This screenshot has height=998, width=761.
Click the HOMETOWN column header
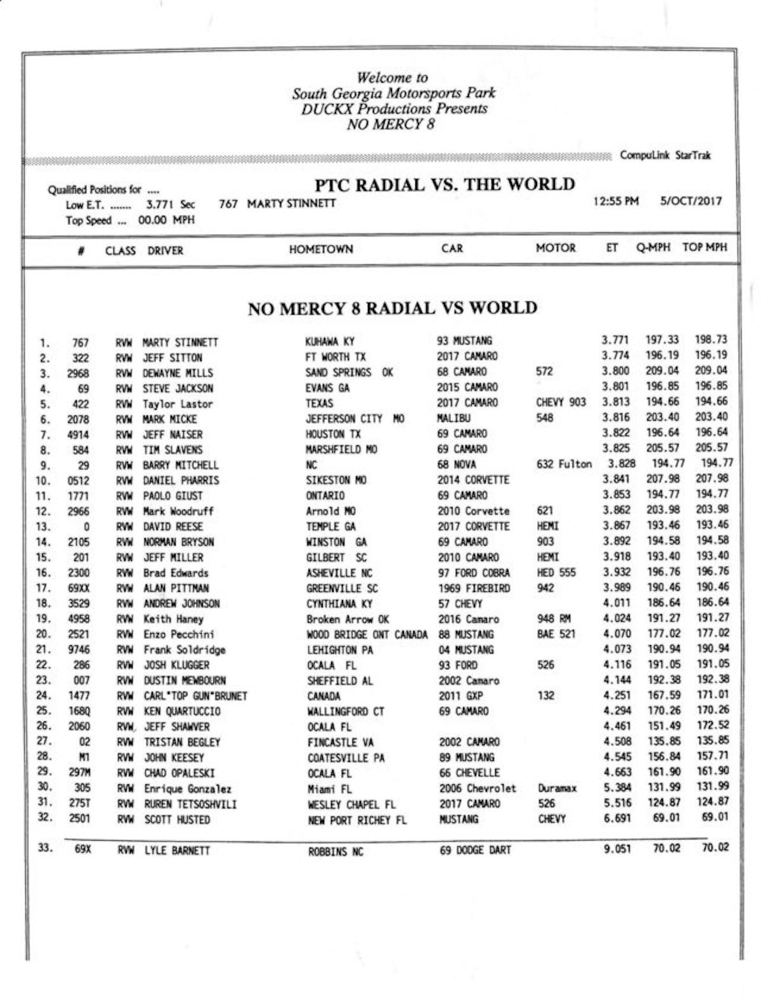click(x=321, y=249)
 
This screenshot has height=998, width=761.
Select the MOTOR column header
click(x=556, y=248)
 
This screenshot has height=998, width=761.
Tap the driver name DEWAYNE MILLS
click(x=178, y=373)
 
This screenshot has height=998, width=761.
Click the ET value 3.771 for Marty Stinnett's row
click(x=615, y=341)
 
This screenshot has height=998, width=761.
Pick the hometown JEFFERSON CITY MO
click(x=355, y=419)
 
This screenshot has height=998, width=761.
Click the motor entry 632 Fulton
click(x=564, y=464)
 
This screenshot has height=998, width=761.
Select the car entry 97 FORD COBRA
click(x=474, y=572)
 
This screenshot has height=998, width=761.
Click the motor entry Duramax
click(x=557, y=789)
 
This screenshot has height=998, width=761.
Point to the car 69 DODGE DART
click(x=475, y=850)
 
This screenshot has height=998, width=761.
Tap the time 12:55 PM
click(x=616, y=202)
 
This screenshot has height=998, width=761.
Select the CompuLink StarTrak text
click(x=665, y=155)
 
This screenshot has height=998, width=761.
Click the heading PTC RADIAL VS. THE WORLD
click(x=445, y=185)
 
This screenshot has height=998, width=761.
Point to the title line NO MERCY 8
click(x=391, y=124)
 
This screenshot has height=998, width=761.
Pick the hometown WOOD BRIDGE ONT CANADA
click(x=367, y=634)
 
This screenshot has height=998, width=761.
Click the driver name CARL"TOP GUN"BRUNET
click(x=195, y=696)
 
